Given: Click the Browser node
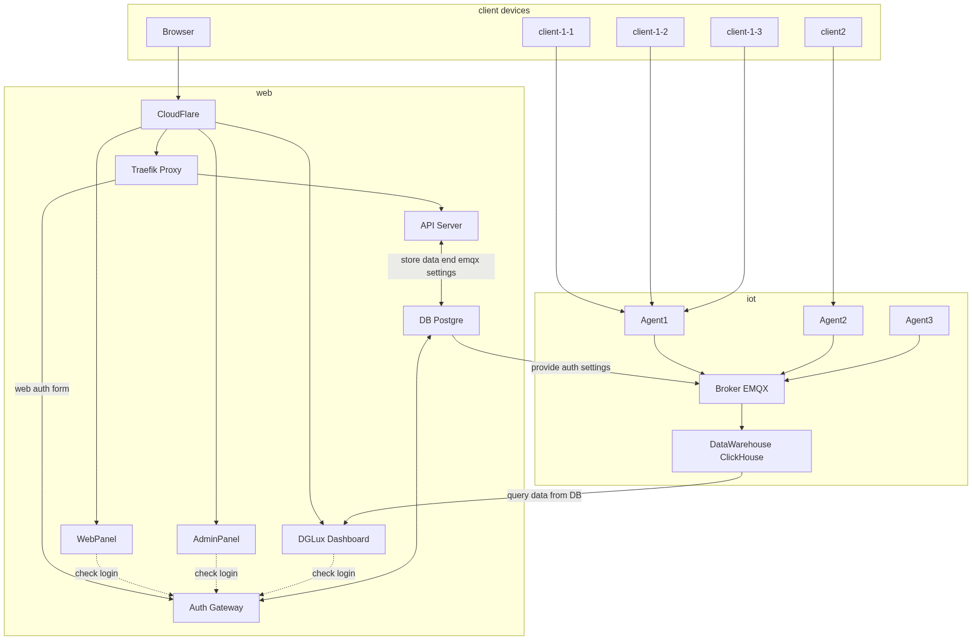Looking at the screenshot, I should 178,32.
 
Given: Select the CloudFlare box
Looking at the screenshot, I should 178,115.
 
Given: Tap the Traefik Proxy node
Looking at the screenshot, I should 156,170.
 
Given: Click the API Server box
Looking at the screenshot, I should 441,226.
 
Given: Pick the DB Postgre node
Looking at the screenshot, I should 441,321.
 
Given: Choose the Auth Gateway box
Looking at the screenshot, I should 216,608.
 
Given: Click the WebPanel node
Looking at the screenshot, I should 96,539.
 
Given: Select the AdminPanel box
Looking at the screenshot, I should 216,539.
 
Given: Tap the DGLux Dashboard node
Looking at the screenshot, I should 333,539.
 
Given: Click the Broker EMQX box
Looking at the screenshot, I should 741,389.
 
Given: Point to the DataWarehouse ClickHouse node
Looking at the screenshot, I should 741,451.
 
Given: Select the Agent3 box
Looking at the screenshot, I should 919,321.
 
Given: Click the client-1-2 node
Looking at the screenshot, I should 650,32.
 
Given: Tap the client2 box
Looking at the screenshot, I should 833,32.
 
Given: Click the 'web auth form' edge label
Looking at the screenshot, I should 42,389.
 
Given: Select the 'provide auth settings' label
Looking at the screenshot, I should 571,368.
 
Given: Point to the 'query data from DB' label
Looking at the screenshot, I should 544,496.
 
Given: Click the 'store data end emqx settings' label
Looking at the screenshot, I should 441,266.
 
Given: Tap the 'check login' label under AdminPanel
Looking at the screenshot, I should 216,574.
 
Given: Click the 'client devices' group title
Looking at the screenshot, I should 504,11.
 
